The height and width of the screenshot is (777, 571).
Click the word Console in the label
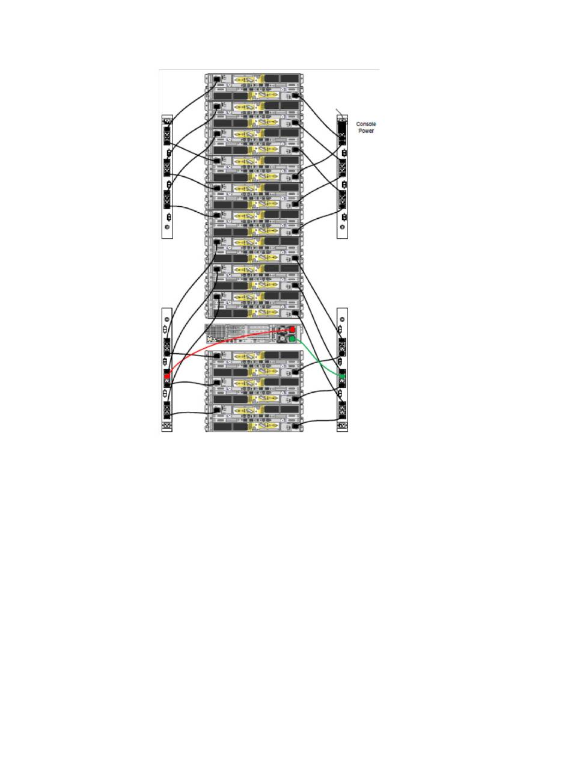tap(366, 124)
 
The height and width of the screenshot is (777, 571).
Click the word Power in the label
tap(366, 131)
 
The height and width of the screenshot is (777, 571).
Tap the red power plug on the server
tap(292, 330)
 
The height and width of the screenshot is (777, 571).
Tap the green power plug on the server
tap(292, 339)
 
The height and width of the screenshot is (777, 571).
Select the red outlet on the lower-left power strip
tap(167, 376)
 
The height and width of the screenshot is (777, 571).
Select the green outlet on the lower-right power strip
tap(343, 378)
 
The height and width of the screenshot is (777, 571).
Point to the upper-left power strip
tap(167, 177)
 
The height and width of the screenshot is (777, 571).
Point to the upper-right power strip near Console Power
tap(343, 177)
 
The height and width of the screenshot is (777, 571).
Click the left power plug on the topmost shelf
tap(216, 79)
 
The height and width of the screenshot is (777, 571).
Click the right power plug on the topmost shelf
tap(295, 97)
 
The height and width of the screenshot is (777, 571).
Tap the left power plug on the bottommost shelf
tap(216, 412)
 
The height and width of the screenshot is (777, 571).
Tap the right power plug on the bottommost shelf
tap(295, 426)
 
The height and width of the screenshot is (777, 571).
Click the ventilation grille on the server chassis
tap(216, 331)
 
